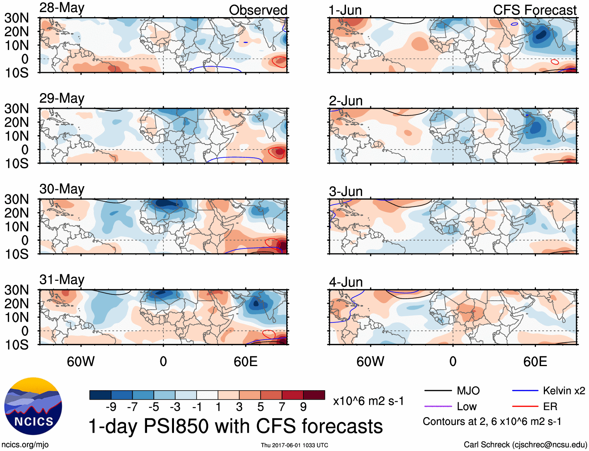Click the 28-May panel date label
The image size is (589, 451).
[x=62, y=8]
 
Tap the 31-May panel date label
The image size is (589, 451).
[x=62, y=280]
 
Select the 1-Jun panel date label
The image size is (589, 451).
[x=345, y=10]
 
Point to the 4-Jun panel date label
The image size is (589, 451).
[x=346, y=282]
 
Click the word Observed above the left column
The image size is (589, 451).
[x=258, y=10]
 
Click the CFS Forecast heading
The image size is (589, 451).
[x=534, y=10]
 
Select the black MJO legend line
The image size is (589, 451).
[x=438, y=391]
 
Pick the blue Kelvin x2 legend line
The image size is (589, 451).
[x=525, y=391]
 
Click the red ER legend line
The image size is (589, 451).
[x=525, y=407]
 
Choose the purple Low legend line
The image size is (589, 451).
[x=438, y=407]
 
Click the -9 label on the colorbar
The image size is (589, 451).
[x=111, y=407]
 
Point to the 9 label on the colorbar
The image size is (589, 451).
[x=303, y=407]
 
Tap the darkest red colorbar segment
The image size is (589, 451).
[x=314, y=395]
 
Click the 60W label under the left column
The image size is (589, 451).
[x=81, y=361]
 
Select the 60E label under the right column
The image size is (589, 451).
[x=535, y=361]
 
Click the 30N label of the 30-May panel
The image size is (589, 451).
[x=16, y=199]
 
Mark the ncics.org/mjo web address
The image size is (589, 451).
[x=25, y=445]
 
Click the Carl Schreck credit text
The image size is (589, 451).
[x=525, y=445]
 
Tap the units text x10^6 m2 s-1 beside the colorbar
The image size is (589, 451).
[x=368, y=401]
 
